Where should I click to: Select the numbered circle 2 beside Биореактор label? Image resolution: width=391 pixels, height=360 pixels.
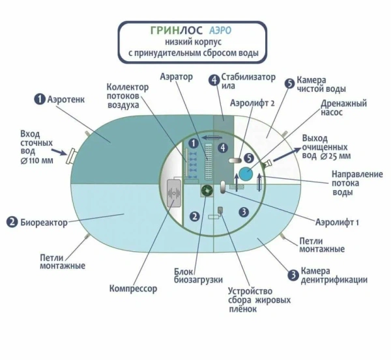click(12, 221)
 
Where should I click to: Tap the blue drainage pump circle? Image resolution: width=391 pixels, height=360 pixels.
click(245, 174)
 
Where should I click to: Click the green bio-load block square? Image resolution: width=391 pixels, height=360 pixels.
click(207, 191)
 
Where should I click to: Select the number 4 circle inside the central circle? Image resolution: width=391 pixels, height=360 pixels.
click(223, 148)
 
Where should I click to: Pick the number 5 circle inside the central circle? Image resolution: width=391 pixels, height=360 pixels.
click(249, 158)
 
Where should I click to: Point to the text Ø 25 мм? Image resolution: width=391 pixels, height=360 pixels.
click(336, 156)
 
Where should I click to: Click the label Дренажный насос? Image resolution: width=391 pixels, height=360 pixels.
click(343, 108)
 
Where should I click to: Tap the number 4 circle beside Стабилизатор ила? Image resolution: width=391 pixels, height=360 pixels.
click(213, 80)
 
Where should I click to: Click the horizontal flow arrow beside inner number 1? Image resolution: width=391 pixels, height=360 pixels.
click(209, 138)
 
